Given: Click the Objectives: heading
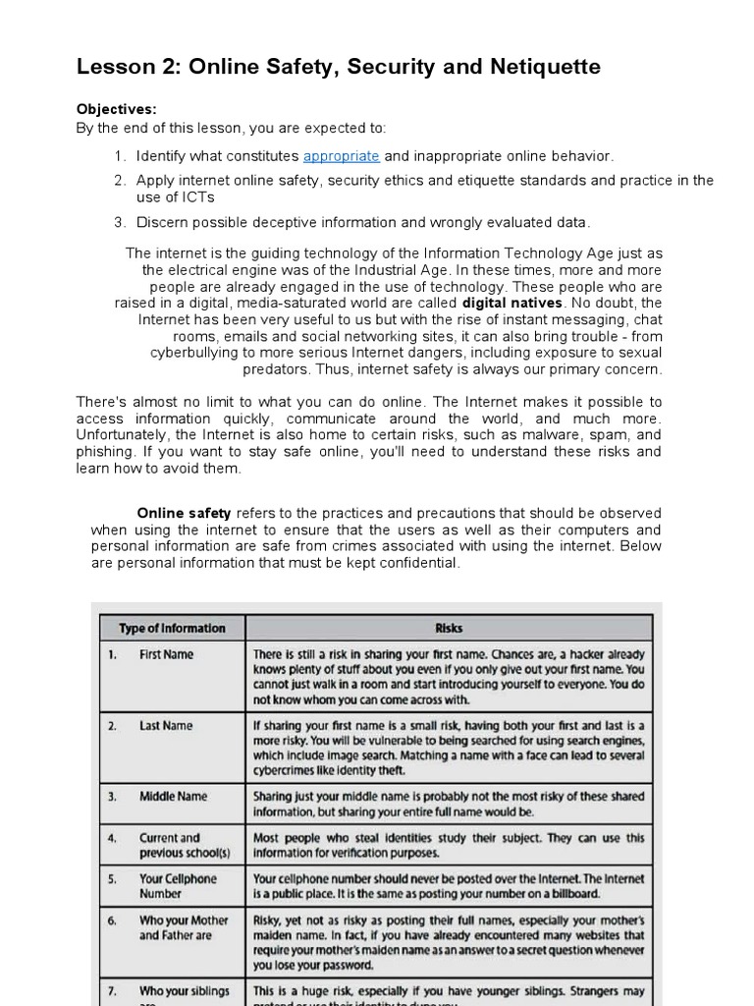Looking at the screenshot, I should pyautogui.click(x=116, y=109).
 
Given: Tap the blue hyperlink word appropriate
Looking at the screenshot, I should pyautogui.click(x=341, y=156).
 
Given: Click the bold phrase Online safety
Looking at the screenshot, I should pyautogui.click(x=184, y=513).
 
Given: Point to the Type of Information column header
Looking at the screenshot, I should pyautogui.click(x=172, y=629).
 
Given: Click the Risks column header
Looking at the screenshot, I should pyautogui.click(x=448, y=629).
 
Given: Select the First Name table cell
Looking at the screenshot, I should pyautogui.click(x=166, y=654).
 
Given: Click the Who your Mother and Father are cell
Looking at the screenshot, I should pyautogui.click(x=183, y=927).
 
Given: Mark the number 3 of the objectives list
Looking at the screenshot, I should pyautogui.click(x=119, y=222).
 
